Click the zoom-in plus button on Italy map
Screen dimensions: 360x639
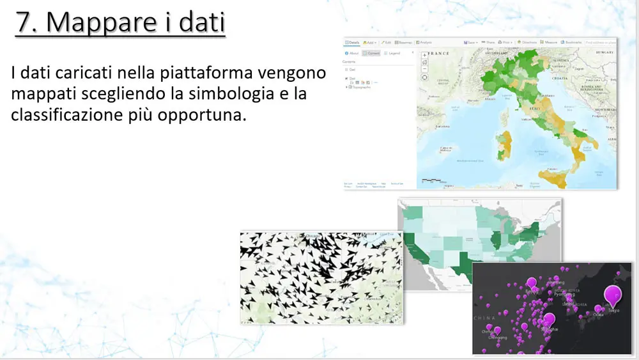(424, 56)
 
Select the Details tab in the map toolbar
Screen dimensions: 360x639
(352, 42)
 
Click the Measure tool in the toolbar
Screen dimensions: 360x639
(551, 42)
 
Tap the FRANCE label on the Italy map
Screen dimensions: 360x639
(440, 54)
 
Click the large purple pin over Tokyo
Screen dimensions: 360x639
(613, 295)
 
